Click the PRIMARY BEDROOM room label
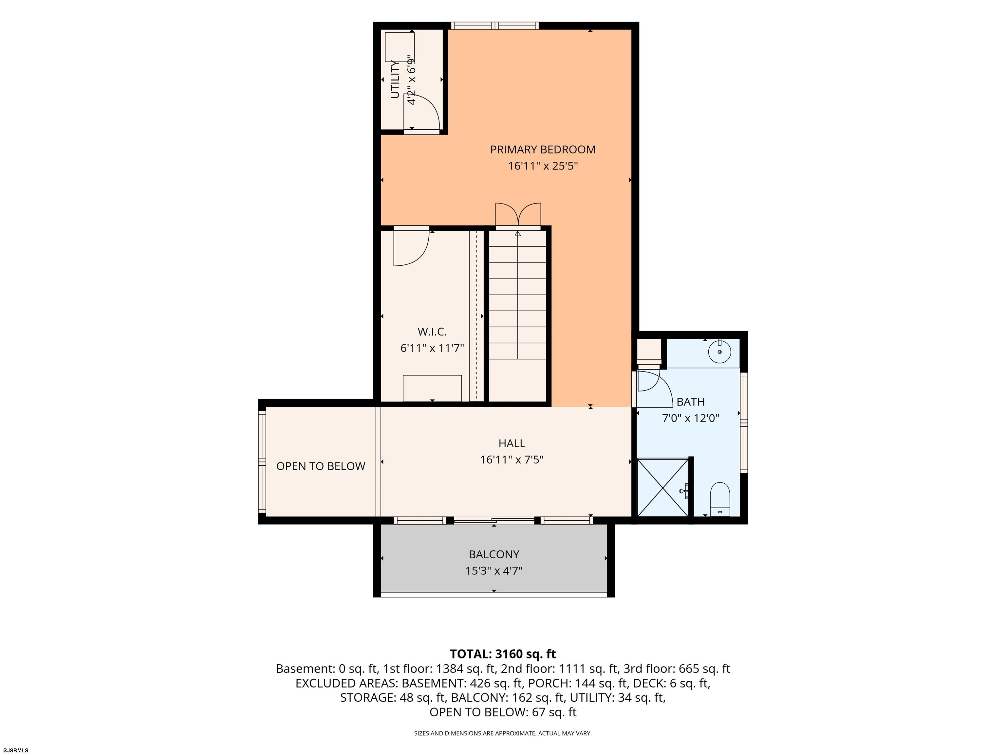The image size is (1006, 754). tap(543, 150)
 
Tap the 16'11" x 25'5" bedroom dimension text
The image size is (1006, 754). tap(543, 166)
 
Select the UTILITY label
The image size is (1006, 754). tap(395, 79)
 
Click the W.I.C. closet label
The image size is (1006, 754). tap(432, 332)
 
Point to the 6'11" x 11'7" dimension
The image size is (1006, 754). tap(432, 348)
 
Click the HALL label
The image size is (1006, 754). tap(512, 443)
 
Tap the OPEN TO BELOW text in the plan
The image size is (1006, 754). tap(321, 466)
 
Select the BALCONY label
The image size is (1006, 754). tap(494, 554)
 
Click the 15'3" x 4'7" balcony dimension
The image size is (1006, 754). tap(494, 571)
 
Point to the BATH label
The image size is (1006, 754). tap(690, 402)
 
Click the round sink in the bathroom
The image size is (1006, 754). tap(719, 352)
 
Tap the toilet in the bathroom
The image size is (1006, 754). tap(720, 499)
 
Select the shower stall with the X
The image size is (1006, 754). tap(662, 488)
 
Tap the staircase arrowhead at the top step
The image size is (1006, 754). tap(517, 234)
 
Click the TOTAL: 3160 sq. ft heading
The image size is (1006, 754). tap(503, 654)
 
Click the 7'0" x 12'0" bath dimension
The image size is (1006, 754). tap(690, 418)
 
